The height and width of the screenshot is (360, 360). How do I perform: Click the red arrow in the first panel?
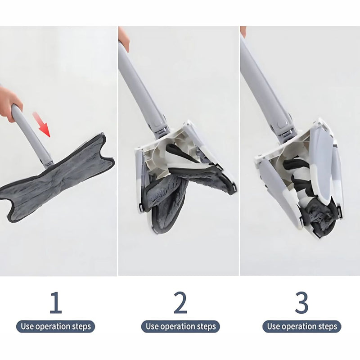(44, 125)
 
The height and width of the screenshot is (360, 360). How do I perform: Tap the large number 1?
(55, 303)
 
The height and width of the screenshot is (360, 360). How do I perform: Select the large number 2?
(180, 303)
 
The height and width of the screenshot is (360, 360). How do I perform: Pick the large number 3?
(301, 303)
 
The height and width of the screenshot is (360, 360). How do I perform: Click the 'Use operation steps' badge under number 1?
(55, 326)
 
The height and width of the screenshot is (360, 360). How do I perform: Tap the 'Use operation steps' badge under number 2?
(180, 326)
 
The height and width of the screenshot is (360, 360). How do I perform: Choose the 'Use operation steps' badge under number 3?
(301, 326)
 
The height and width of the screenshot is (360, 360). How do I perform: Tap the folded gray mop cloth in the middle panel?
(166, 198)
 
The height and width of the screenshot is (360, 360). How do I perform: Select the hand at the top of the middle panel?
(124, 38)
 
